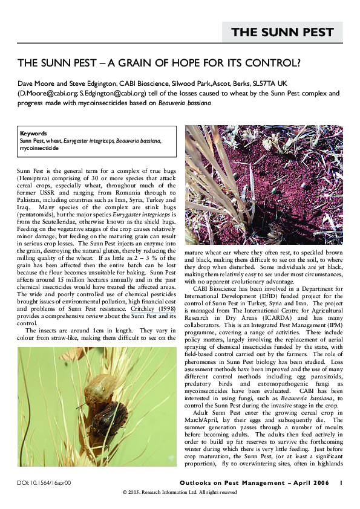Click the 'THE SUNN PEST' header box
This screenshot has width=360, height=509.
[283, 33]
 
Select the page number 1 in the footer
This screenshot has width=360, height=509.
[341, 483]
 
